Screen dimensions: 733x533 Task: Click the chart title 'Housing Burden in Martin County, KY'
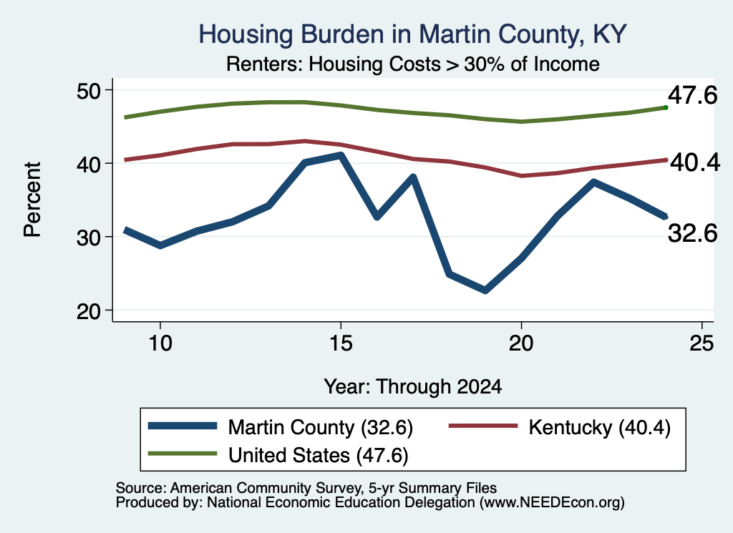coord(412,34)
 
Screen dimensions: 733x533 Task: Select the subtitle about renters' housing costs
coord(413,64)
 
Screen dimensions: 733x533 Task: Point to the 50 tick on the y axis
coord(89,91)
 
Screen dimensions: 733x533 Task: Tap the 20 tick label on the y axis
coord(89,311)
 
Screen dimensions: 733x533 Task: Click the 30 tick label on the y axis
coord(89,238)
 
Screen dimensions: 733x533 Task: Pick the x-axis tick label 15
coord(341,344)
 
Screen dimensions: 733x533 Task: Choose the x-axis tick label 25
coord(702,344)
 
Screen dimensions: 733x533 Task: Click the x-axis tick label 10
coord(160,344)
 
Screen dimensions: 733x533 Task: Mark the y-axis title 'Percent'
coord(33,200)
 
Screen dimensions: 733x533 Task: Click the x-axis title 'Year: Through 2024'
coord(413,387)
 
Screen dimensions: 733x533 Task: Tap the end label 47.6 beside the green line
coord(692,96)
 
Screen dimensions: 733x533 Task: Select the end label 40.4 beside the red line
coord(695,162)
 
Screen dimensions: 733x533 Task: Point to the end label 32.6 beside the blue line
coord(692,233)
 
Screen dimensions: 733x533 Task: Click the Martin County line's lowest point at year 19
coord(485,290)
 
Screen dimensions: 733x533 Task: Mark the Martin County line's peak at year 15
coord(341,155)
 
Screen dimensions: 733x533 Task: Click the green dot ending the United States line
coord(666,107)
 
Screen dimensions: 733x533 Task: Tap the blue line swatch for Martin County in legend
coord(183,426)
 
